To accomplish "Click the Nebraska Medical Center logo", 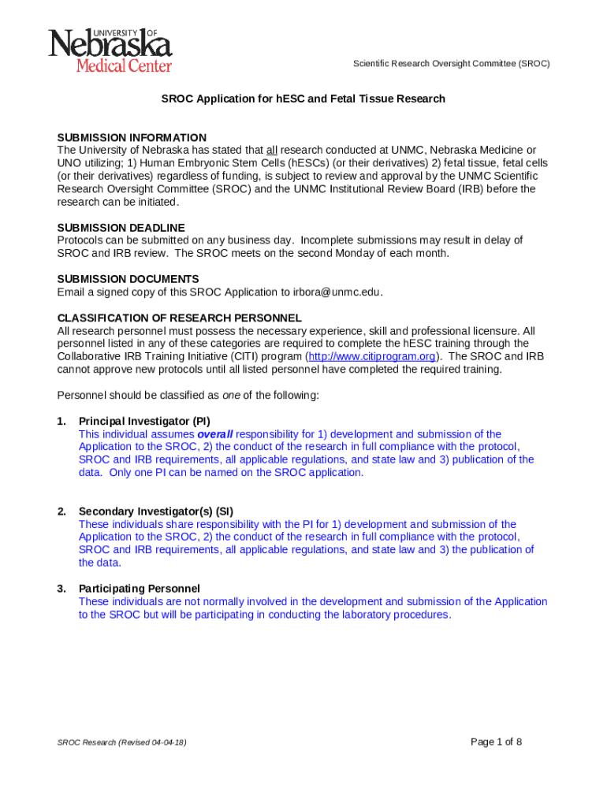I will [x=110, y=50].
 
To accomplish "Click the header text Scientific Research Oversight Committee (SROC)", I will [x=451, y=64].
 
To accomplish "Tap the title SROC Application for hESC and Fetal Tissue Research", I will [x=303, y=99].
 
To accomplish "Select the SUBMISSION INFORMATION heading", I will [x=132, y=138].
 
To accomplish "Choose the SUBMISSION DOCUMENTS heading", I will [x=128, y=279].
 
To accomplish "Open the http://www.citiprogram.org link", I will [x=371, y=356].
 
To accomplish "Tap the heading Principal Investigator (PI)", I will [x=144, y=421].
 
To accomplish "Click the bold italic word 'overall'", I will [x=214, y=434].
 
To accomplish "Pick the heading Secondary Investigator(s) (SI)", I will [x=155, y=511].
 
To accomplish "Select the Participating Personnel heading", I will [x=139, y=588].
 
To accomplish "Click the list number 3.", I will [x=61, y=588].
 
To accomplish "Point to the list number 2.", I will [x=61, y=511].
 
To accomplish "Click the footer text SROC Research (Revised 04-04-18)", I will [x=121, y=742].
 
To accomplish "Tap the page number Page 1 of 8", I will [x=496, y=742].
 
